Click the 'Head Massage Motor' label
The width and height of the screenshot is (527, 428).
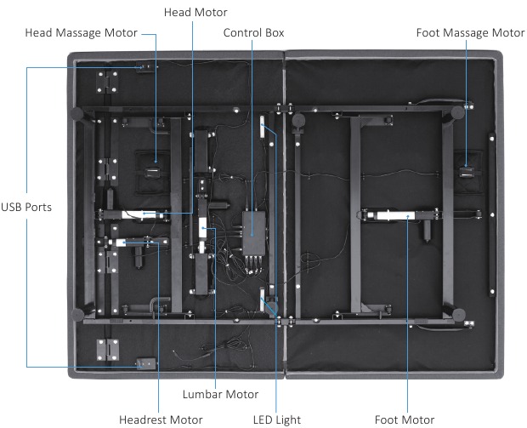(81, 33)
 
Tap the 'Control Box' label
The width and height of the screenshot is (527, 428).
(253, 33)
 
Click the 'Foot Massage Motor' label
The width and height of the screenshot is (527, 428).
(470, 33)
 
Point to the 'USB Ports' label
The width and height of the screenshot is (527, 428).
(25, 207)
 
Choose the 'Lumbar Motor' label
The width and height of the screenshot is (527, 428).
(220, 394)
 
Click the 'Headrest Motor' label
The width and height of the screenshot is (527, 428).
(161, 419)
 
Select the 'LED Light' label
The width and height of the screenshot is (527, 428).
(277, 419)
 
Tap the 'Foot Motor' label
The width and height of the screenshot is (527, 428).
(405, 419)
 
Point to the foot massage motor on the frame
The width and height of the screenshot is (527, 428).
(467, 171)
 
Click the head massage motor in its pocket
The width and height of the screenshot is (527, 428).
(156, 170)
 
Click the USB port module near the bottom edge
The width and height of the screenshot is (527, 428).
(146, 362)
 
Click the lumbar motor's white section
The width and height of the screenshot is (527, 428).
(204, 227)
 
